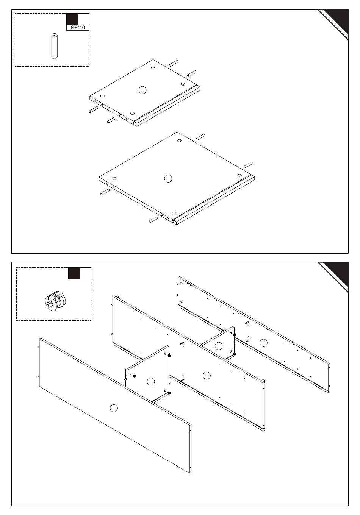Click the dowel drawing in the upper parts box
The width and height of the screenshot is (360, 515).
(x=55, y=46)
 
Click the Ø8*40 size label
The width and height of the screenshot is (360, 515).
(x=78, y=28)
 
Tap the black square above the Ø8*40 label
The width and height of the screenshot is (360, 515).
(x=72, y=19)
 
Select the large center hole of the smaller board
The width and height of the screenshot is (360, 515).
(x=142, y=90)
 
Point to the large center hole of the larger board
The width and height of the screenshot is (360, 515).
(x=168, y=178)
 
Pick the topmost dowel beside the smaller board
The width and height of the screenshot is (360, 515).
(x=174, y=63)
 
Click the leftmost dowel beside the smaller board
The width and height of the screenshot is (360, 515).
(x=93, y=110)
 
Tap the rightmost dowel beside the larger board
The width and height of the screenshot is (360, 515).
(x=249, y=165)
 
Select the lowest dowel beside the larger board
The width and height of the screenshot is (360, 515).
(x=153, y=220)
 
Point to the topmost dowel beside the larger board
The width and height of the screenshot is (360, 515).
(x=200, y=137)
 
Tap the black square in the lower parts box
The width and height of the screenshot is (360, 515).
(x=74, y=273)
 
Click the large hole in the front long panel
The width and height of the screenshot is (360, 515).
(x=114, y=408)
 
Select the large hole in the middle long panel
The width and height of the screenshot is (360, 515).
(x=207, y=376)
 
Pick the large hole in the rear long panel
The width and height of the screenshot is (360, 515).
(x=263, y=343)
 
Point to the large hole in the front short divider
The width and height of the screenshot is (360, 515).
(x=151, y=382)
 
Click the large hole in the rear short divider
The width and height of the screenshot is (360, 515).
(x=218, y=346)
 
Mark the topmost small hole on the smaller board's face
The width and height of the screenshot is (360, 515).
(x=153, y=67)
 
